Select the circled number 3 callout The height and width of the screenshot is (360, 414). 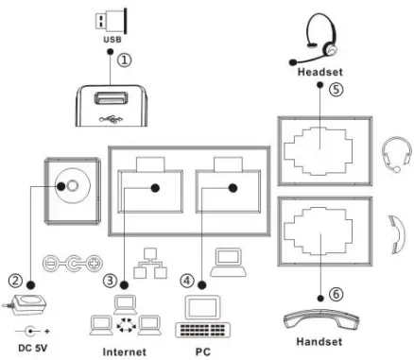click(111, 281)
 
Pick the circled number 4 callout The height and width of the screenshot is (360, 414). click(194, 281)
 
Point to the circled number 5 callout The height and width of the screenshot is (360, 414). click(336, 91)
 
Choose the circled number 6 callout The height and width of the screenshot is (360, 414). click(336, 294)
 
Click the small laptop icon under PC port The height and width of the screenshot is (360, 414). click(226, 260)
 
